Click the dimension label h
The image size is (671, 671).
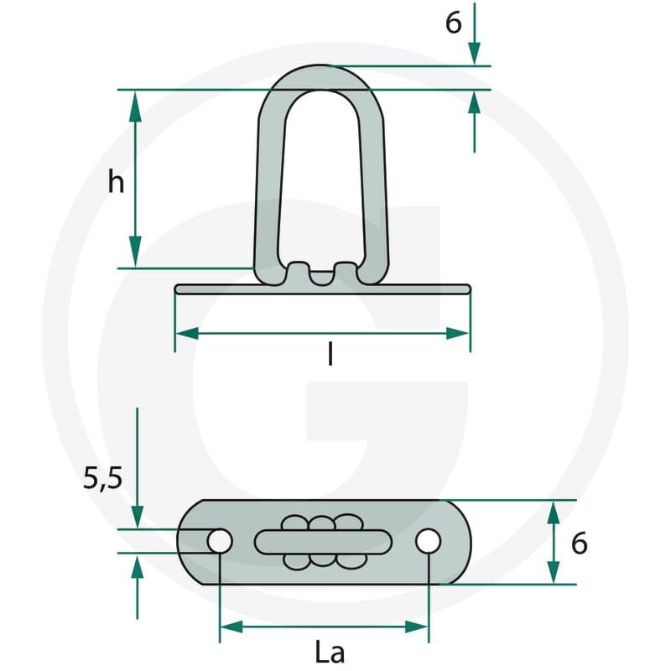(x=116, y=182)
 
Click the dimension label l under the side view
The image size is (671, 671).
(x=330, y=355)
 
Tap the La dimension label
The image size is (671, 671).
(x=330, y=653)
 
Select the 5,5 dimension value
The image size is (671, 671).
(x=102, y=478)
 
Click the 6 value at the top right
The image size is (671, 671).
(x=454, y=23)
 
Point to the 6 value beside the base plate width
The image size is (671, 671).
(x=579, y=544)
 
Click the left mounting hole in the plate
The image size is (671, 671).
(x=220, y=540)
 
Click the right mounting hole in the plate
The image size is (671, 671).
(x=428, y=541)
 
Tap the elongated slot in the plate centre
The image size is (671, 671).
(x=323, y=542)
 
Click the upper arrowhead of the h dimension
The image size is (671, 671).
(x=135, y=103)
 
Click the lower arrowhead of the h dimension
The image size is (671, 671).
(x=135, y=255)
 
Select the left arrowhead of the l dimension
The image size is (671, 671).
(x=187, y=333)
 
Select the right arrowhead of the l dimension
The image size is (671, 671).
(x=458, y=333)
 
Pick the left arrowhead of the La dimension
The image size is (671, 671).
(x=231, y=627)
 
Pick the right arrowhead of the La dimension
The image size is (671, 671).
(x=416, y=627)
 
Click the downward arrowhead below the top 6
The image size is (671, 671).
(x=474, y=54)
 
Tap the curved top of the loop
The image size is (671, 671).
(x=320, y=77)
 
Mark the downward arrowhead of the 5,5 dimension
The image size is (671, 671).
(x=137, y=517)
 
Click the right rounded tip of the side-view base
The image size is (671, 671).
(x=469, y=289)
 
